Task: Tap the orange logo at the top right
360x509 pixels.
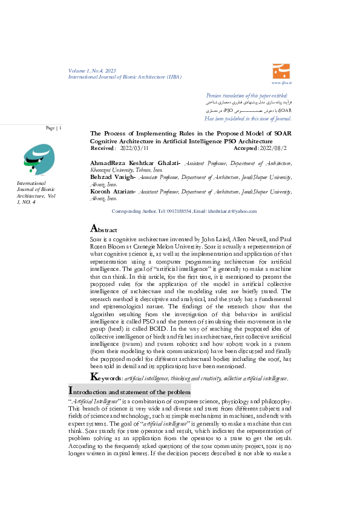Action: click(281, 70)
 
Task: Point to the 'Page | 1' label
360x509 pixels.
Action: click(53, 128)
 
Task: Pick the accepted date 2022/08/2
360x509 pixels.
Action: click(273, 148)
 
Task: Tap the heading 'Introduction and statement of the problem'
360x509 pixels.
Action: click(129, 392)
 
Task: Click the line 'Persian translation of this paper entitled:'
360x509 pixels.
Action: click(247, 96)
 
